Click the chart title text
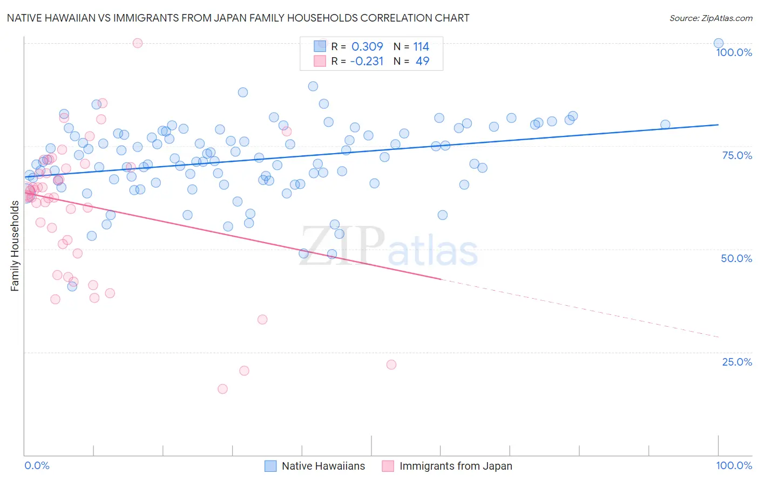tap(238, 18)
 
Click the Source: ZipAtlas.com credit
tap(710, 18)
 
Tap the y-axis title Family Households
tap(15, 245)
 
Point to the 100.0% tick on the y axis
tap(734, 52)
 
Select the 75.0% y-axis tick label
tap(737, 155)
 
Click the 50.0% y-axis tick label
tap(736, 258)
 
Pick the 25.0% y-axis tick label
tap(737, 362)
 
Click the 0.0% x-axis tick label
tap(37, 465)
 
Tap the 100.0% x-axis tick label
tap(734, 465)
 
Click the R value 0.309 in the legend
tap(367, 47)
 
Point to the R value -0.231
tap(367, 61)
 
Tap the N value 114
tap(421, 47)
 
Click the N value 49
tap(422, 61)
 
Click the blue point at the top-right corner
tap(718, 43)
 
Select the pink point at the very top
tap(138, 43)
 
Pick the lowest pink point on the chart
tap(222, 389)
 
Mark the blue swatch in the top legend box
tap(320, 46)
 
